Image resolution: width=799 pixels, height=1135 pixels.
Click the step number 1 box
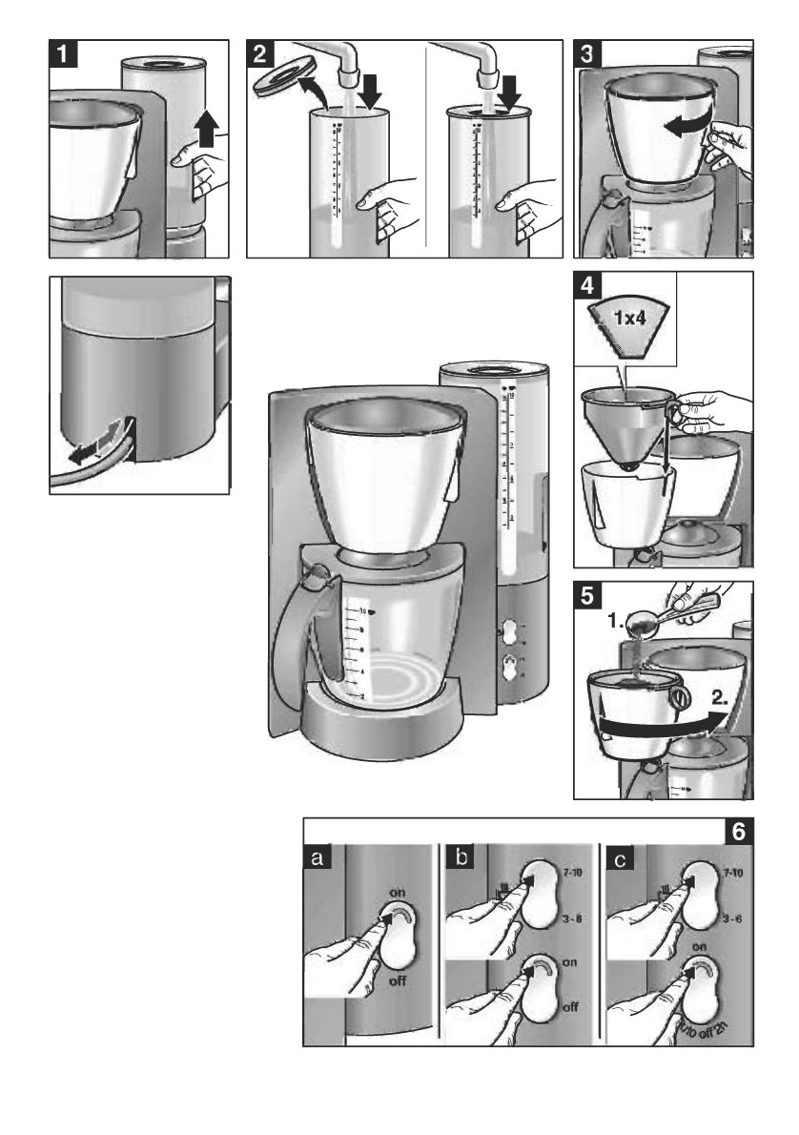click(64, 54)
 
